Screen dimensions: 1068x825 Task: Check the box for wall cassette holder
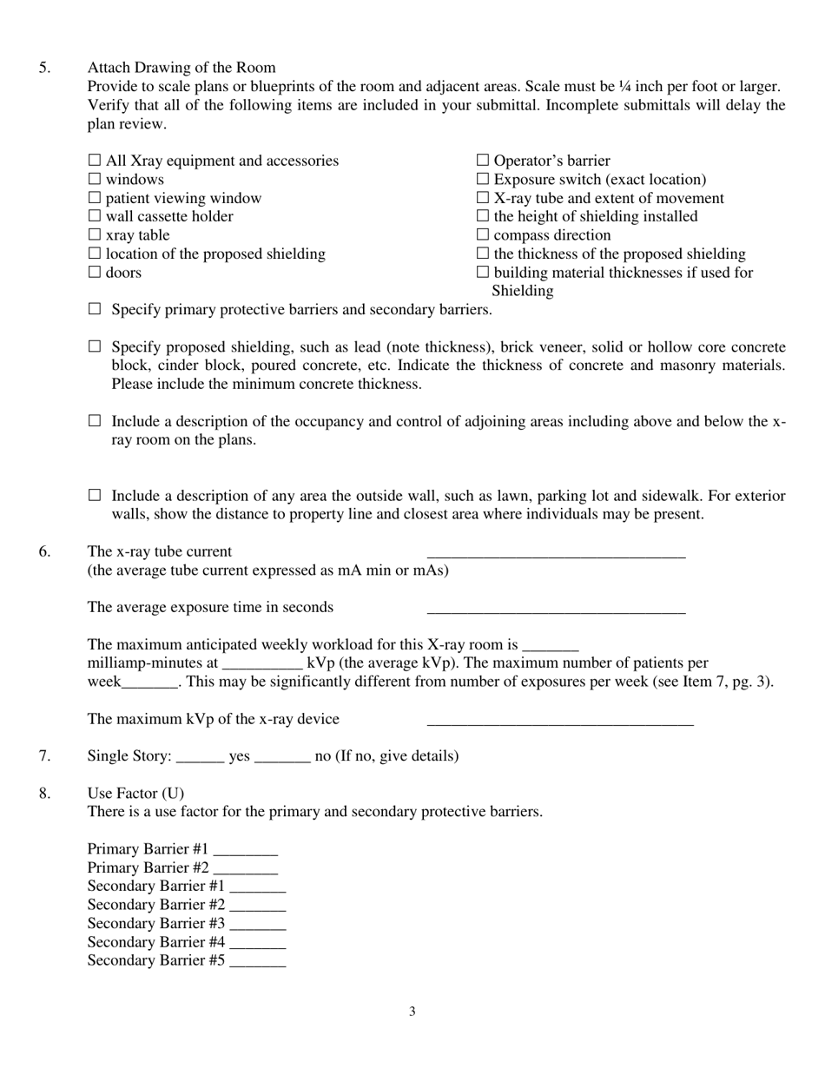tap(95, 216)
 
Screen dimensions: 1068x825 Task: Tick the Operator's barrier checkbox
tap(483, 161)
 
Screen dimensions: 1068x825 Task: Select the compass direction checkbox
tap(483, 235)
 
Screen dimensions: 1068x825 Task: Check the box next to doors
tap(95, 273)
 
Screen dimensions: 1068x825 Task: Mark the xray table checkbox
tap(95, 235)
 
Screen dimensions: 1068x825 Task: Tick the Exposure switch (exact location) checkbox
tap(483, 180)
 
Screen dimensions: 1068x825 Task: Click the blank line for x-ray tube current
tap(556, 553)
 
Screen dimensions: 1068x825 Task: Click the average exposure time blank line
tap(556, 609)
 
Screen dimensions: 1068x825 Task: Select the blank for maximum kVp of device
tap(560, 721)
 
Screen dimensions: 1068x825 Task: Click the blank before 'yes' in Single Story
tap(200, 757)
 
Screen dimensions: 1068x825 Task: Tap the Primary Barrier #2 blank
tap(245, 869)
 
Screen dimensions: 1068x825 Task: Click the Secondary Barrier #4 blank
tap(257, 943)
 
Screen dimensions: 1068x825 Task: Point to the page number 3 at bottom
tap(412, 1012)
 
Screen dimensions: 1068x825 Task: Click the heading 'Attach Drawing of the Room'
tap(181, 68)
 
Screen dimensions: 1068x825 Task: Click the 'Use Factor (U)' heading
tap(135, 794)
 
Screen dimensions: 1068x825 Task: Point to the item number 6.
tap(44, 552)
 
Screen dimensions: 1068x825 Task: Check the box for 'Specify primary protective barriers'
tap(95, 309)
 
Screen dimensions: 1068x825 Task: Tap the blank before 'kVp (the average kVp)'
tap(261, 664)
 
